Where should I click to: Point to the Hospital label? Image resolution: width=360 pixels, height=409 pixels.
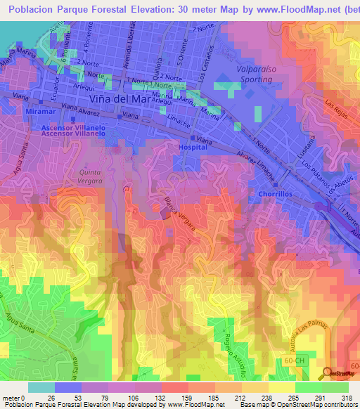[x=193, y=148]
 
